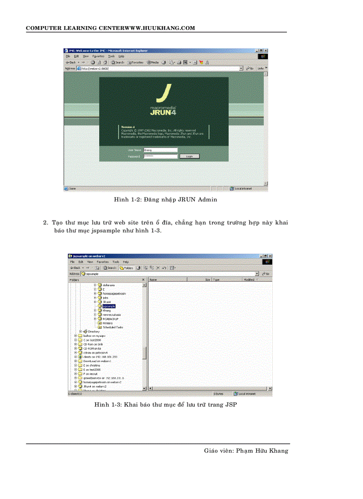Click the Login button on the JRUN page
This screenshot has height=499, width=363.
(190, 156)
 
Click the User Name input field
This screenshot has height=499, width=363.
(161, 150)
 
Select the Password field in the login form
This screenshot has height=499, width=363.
(161, 156)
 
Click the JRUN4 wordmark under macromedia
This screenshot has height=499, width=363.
(164, 113)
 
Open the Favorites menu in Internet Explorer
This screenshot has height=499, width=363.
(98, 56)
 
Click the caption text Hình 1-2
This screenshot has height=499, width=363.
(127, 200)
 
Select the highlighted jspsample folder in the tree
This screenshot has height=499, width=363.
(109, 306)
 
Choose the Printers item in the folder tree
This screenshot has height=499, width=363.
(108, 323)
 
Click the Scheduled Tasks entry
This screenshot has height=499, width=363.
(113, 327)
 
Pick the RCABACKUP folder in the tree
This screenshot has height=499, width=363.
(110, 319)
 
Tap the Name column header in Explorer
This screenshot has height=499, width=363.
(153, 280)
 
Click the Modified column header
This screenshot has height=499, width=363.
(249, 280)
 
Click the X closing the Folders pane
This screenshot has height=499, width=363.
(143, 280)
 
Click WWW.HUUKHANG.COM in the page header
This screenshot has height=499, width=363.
(161, 28)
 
